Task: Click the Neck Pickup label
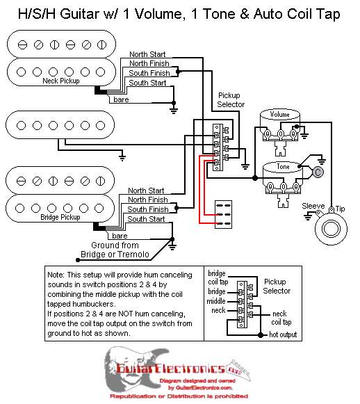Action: (x=61, y=81)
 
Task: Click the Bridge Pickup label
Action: (x=60, y=217)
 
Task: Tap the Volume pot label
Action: (x=280, y=115)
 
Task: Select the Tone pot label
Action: (x=283, y=167)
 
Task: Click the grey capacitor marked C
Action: (x=318, y=172)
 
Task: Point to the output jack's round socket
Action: (x=332, y=229)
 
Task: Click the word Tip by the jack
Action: (x=341, y=209)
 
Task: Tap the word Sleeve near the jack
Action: (x=313, y=206)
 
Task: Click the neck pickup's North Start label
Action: (x=147, y=54)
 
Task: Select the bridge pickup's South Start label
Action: (x=146, y=219)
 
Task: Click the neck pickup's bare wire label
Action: (x=121, y=99)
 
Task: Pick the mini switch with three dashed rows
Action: (x=224, y=215)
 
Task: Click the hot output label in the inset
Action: (x=283, y=334)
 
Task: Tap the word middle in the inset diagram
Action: (x=216, y=301)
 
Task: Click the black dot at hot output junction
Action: (x=261, y=335)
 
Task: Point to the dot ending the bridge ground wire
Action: (x=78, y=260)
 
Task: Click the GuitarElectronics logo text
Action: (x=170, y=369)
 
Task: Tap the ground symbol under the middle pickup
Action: (x=122, y=157)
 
